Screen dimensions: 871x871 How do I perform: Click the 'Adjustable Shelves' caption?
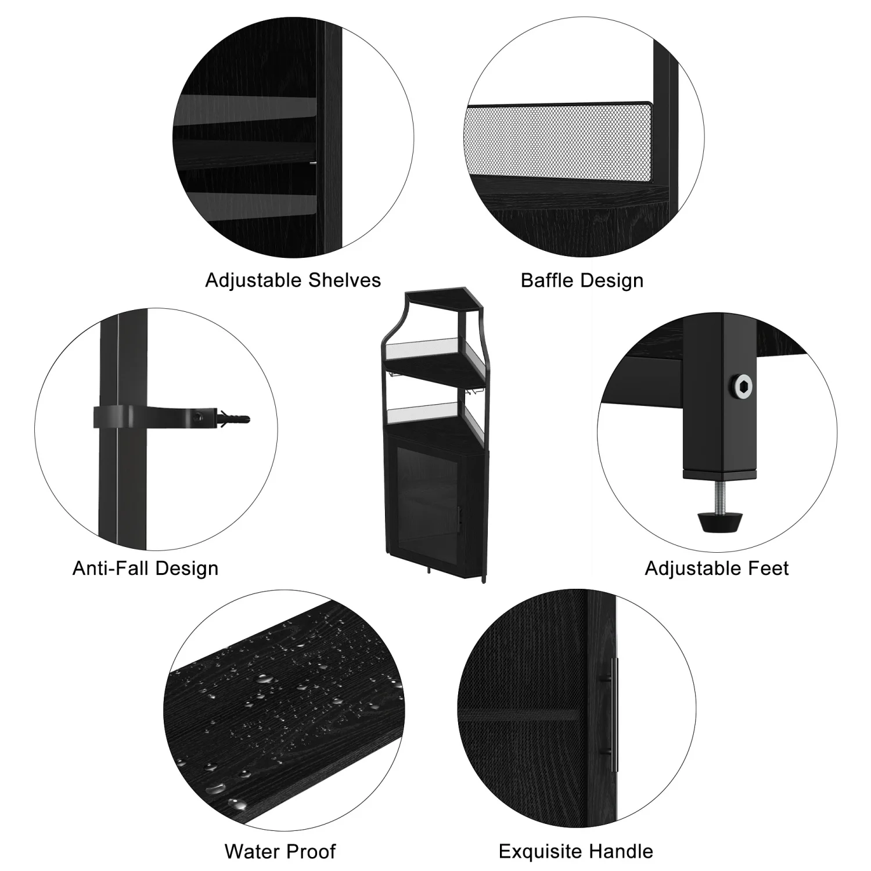coord(293,280)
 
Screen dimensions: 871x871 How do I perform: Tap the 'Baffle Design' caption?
coord(582,280)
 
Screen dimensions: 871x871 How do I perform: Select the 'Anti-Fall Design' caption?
coord(145,568)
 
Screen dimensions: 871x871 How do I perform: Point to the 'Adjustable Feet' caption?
coord(717,568)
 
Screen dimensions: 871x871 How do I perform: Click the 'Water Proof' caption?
coord(280,851)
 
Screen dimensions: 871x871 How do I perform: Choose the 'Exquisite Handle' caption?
coord(575,851)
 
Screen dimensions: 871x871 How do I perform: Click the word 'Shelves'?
coord(344,280)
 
